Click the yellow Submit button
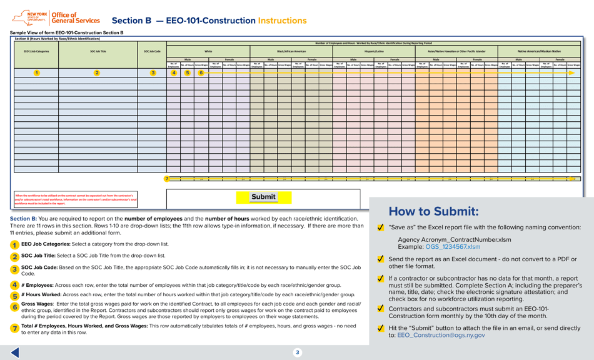point(263,197)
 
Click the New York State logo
point(29,17)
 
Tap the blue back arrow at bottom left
point(15,352)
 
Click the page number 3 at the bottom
point(297,352)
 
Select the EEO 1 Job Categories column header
point(36,51)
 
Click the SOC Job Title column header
point(98,51)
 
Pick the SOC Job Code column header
point(152,51)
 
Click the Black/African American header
point(291,51)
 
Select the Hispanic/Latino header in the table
point(374,51)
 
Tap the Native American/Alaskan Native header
point(539,51)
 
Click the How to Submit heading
point(433,211)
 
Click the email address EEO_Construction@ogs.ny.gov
point(441,335)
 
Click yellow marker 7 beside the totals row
point(167,179)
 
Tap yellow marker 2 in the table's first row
point(97,73)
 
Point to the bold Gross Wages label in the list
point(37,304)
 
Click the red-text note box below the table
point(75,199)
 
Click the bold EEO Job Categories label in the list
point(46,244)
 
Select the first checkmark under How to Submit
point(381,227)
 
